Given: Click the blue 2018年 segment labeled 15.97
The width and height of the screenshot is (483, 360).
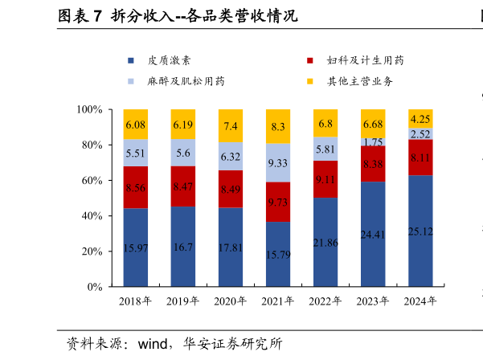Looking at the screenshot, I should [135, 247].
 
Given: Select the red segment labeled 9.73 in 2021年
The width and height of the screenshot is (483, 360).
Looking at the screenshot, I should [278, 202].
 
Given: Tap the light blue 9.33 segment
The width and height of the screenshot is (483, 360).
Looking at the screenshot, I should [278, 163].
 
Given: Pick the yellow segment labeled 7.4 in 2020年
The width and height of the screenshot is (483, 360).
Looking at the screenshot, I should [231, 126].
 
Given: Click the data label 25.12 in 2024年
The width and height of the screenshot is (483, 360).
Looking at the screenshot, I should [420, 232].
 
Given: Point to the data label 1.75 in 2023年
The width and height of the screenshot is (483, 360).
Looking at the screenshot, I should [373, 141].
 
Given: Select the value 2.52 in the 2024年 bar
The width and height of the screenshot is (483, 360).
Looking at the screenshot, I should [420, 134].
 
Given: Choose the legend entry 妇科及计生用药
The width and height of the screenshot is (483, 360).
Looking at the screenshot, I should [365, 61].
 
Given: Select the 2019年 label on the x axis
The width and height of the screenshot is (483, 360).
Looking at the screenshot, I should [182, 301].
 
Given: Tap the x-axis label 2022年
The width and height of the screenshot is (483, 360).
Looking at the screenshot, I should [325, 301].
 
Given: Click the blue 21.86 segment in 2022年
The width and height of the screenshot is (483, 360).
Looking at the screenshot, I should [325, 241].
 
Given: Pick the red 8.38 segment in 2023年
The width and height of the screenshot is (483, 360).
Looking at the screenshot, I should [373, 164].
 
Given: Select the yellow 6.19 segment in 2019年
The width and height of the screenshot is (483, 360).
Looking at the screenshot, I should [182, 125].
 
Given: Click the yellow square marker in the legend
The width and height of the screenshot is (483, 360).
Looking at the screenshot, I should [310, 81].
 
